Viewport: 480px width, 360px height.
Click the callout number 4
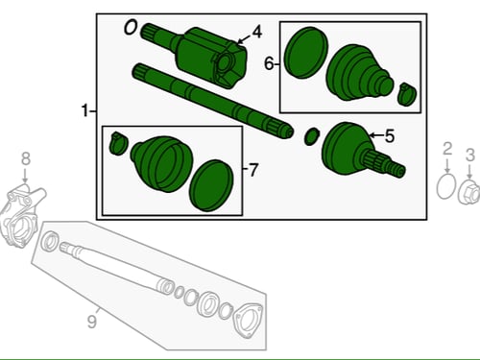[256, 32]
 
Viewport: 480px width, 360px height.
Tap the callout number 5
[390, 136]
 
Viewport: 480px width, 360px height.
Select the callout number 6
[269, 63]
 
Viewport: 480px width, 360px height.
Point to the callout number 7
[252, 170]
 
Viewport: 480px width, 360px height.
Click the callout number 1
[84, 110]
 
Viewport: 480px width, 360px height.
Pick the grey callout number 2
[447, 149]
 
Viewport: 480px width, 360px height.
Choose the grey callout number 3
[469, 155]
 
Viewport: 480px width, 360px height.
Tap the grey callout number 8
[26, 158]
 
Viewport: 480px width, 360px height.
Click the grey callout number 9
[92, 322]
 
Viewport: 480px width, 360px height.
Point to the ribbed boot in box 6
[358, 73]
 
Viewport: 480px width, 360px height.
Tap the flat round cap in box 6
[306, 53]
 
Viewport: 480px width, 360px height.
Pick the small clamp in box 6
[407, 94]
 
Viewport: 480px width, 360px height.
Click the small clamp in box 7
[118, 143]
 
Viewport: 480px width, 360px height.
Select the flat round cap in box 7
[211, 185]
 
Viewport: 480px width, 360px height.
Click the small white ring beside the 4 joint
[131, 27]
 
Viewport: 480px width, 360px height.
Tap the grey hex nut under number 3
[469, 192]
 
